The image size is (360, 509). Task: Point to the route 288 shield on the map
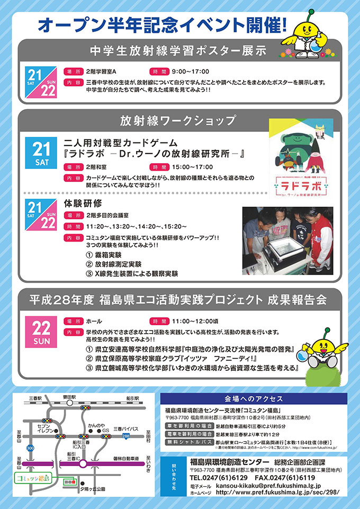126,435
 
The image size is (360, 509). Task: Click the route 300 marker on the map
30,448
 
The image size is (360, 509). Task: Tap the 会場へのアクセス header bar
254,398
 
